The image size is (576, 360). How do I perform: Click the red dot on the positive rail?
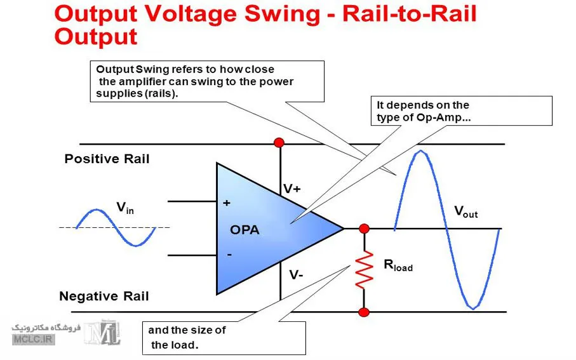point(279,142)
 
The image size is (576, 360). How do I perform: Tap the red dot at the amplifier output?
point(364,229)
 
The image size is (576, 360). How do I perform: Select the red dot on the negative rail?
point(364,312)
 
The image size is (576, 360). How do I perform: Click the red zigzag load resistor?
point(364,270)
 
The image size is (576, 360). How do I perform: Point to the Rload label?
point(398,265)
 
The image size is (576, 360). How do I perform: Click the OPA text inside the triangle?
point(244,230)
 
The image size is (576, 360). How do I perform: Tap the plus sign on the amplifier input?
point(227,203)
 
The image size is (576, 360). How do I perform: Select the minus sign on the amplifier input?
point(229,254)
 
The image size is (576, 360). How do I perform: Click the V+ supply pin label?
point(292,189)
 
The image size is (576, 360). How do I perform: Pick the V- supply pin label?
point(296,275)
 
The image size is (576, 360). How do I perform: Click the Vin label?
point(125,208)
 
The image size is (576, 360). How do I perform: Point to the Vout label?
point(465,211)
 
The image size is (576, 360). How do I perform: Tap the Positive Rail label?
point(107,159)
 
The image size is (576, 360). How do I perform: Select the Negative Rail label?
point(104,296)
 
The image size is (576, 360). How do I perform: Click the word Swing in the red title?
point(282,15)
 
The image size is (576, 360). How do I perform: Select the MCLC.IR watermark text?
point(33,339)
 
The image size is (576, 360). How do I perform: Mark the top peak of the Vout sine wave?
point(420,151)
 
